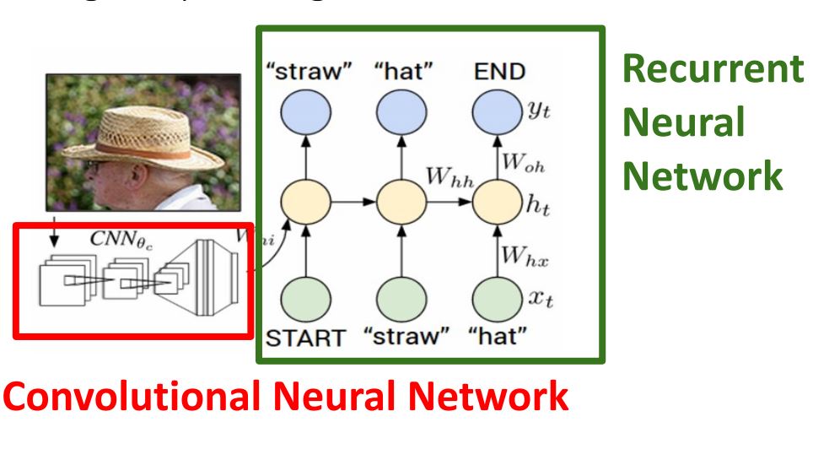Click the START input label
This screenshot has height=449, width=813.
pyautogui.click(x=305, y=338)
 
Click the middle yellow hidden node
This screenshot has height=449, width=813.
pyautogui.click(x=399, y=203)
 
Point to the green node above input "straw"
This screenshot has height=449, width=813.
pyautogui.click(x=399, y=296)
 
